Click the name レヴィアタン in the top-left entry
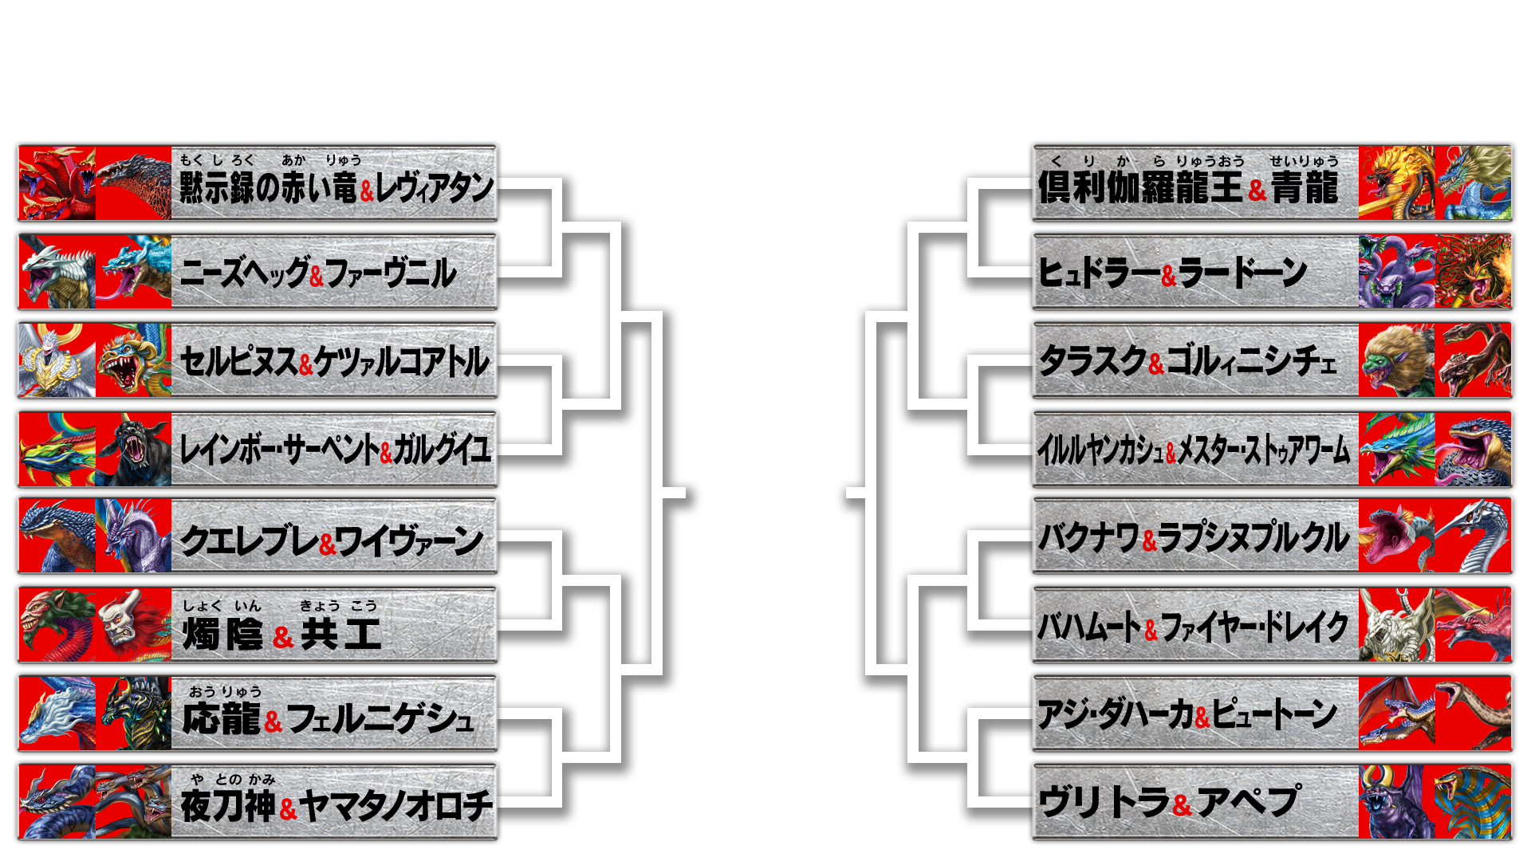435,188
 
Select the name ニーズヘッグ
244,273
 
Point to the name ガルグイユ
441,450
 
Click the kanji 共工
340,635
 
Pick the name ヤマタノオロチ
396,805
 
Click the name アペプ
1248,802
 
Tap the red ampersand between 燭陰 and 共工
283,637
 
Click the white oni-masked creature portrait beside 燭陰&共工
133,625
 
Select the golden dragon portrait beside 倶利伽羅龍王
1396,183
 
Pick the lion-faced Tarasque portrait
1396,360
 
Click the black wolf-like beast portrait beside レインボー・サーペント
133,449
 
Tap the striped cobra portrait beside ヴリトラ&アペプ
1473,802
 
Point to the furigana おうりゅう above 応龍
226,692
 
